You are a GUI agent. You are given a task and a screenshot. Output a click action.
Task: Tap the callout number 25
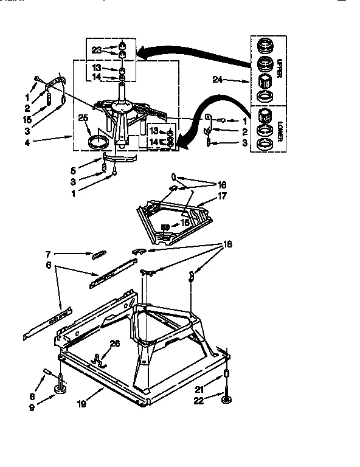pos(83,119)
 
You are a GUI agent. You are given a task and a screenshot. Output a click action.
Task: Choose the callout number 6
pos(47,266)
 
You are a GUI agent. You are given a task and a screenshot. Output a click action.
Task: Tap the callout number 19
pos(81,403)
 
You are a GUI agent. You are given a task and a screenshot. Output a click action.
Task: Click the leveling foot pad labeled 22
pos(226,399)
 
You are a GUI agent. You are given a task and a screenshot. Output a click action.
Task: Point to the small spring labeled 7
pos(99,255)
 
